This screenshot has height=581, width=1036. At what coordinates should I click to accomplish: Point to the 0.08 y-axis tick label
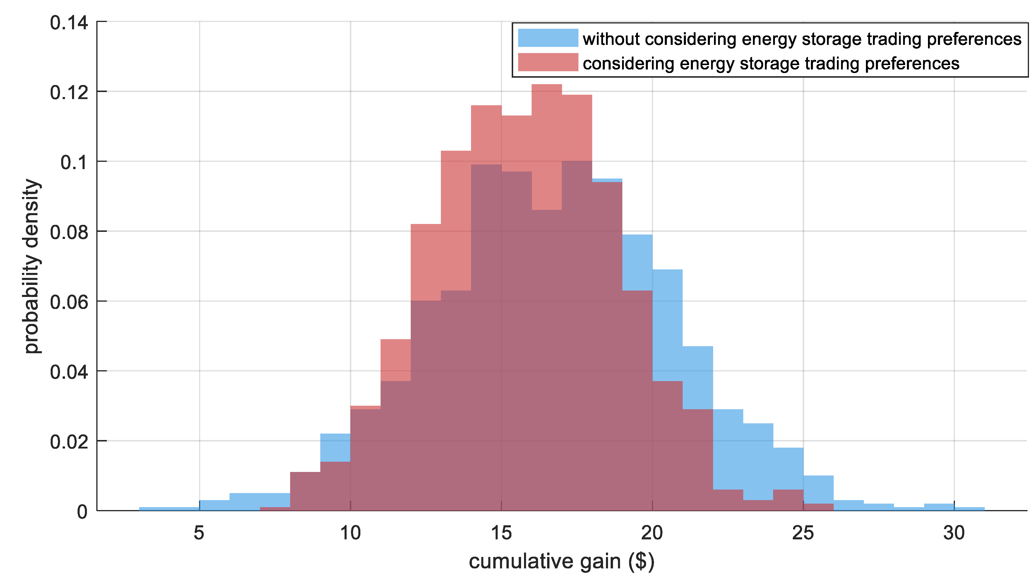click(69, 232)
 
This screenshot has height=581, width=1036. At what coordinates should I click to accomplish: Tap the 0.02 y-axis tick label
click(69, 442)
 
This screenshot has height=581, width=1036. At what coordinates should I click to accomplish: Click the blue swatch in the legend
click(548, 38)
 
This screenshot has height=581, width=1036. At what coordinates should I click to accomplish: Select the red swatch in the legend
click(548, 62)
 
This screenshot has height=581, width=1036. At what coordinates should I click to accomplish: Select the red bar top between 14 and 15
click(486, 106)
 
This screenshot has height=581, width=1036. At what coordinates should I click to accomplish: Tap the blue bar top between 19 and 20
click(637, 236)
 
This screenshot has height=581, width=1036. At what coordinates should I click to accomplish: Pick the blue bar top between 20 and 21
click(667, 271)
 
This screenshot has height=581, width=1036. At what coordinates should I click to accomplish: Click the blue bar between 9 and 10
click(335, 447)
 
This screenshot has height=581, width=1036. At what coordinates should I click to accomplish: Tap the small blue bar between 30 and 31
click(969, 509)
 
